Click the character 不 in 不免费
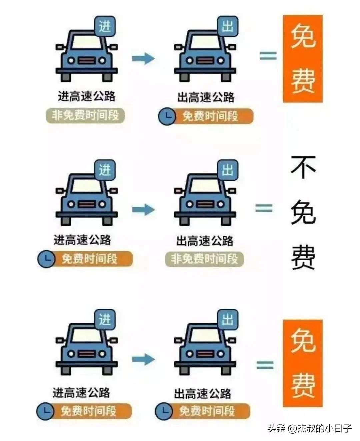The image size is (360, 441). coord(303,168)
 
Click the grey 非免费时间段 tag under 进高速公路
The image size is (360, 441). coord(85,116)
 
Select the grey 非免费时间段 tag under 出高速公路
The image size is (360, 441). coord(204,259)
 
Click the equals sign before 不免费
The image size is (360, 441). coord(264,208)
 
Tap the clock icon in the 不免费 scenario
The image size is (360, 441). coord(46,259)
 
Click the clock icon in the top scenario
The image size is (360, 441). coord(167,116)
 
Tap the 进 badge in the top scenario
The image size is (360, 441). coord(105,26)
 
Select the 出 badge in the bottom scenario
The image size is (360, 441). coord(228,320)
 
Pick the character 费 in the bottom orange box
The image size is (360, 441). coord(303,385)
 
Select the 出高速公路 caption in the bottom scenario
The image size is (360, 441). coord(203,394)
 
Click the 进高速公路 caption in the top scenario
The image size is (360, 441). coord(87,96)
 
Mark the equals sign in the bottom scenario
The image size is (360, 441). coord(265,365)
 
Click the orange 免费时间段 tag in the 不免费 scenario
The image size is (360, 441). coord(89,259)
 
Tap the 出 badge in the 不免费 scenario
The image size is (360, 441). coord(228,170)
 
